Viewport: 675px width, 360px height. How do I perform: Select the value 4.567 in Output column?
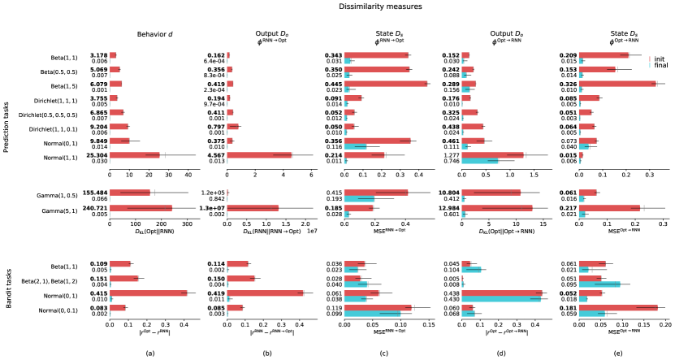pyautogui.click(x=214, y=154)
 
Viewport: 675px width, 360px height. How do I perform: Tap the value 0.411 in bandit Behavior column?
pyautogui.click(x=97, y=293)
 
